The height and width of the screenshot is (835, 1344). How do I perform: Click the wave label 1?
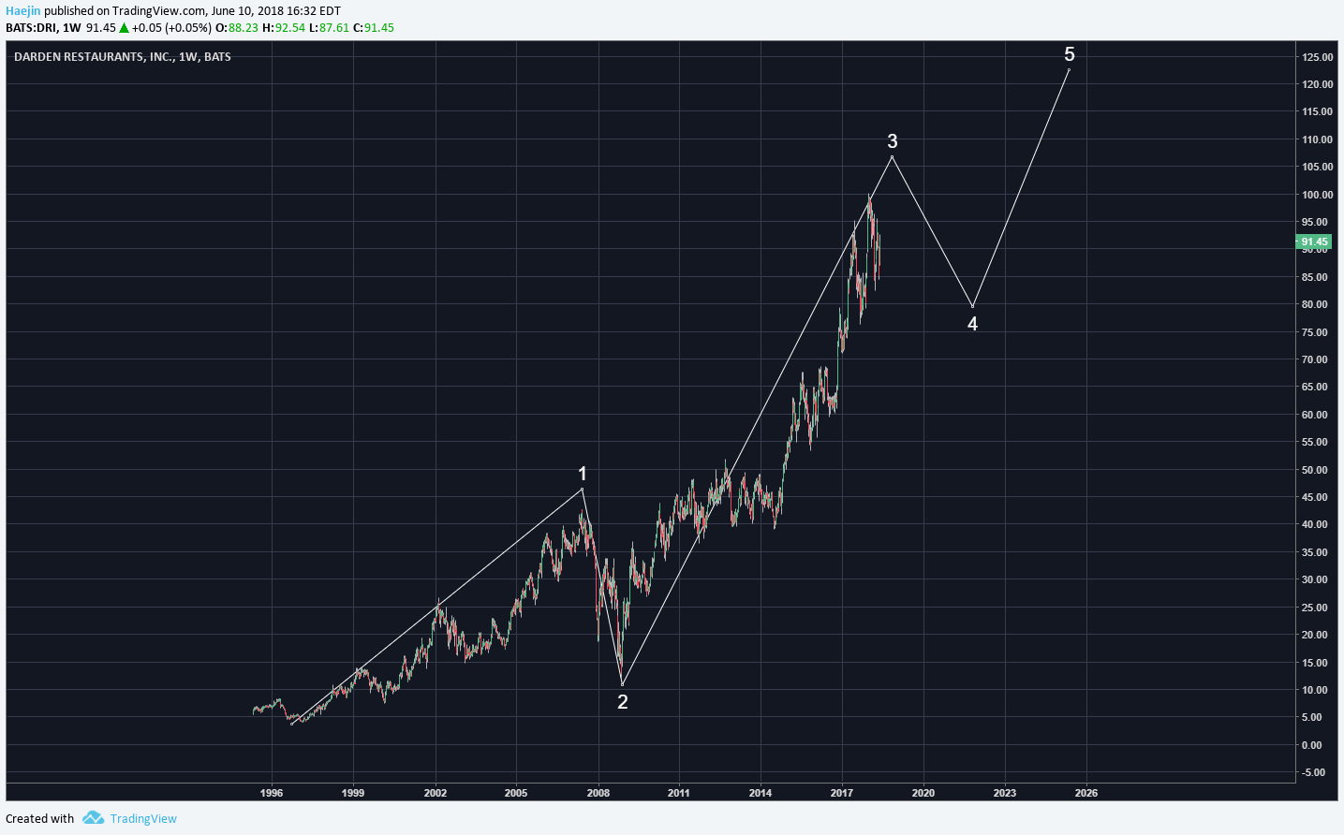583,474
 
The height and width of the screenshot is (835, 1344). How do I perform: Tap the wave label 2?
623,702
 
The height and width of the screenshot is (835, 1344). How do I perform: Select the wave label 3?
893,141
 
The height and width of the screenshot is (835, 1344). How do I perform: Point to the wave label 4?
973,324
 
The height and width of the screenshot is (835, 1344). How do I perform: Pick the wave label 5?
1070,54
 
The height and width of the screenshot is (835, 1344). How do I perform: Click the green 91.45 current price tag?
1314,242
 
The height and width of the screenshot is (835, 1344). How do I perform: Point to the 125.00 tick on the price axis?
1317,57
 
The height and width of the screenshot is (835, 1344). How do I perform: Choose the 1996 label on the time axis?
272,793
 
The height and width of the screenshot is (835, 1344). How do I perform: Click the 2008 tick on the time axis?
598,793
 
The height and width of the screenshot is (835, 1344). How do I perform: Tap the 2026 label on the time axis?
1086,793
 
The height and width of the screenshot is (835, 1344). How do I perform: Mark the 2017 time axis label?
842,793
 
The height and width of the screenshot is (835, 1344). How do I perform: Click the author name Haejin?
23,11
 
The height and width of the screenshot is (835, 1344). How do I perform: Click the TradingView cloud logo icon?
93,818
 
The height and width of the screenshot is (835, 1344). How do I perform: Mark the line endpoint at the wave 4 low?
973,306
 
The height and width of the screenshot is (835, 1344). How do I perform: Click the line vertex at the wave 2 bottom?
622,684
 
